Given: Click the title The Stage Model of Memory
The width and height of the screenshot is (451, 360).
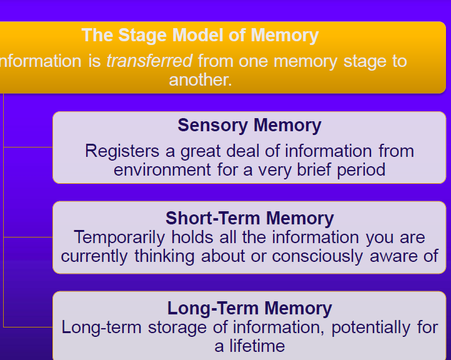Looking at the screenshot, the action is [200, 36].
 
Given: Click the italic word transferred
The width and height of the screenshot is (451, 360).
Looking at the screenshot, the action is [149, 61].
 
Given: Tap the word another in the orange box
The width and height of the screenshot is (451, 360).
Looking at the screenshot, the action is [201, 80].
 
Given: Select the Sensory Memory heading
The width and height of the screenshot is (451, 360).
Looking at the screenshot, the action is [249, 125].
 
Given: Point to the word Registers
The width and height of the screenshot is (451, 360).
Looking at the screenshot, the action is [122, 151].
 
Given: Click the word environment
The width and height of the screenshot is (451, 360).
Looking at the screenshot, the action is [162, 170].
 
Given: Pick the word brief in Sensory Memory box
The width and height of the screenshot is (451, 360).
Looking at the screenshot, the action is [314, 169].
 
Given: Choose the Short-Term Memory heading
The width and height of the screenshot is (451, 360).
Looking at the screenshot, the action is [250, 218].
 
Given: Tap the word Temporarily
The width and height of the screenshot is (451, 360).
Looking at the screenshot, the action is [119, 237].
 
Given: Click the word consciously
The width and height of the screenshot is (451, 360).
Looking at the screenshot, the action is [317, 256].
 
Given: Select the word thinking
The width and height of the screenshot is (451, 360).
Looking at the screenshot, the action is [164, 256].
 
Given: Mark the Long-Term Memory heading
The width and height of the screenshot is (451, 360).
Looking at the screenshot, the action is [250, 308].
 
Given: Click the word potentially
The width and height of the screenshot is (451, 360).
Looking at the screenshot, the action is [371, 327].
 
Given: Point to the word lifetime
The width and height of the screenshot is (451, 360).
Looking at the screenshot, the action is [257, 346].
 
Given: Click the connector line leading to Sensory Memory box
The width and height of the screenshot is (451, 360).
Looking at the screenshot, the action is [28, 147].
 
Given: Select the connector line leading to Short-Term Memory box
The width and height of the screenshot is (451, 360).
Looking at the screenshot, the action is [28, 237].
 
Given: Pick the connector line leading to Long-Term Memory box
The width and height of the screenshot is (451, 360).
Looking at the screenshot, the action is [28, 327].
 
